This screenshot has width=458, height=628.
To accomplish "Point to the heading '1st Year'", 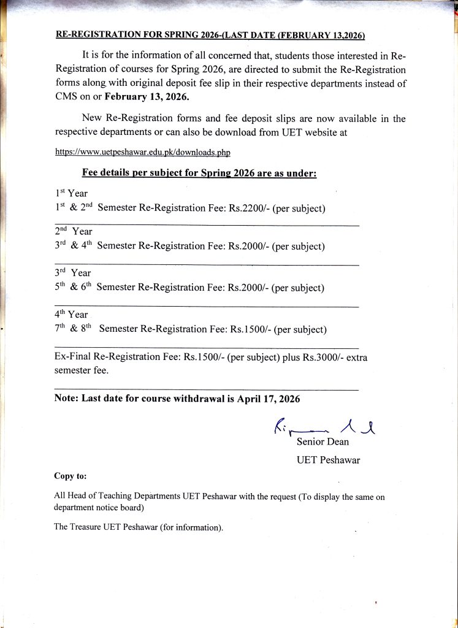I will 71,193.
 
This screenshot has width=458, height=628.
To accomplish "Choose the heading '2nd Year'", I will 73,231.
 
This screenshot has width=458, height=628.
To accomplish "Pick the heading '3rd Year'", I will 72,272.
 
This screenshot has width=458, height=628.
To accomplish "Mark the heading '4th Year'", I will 71,314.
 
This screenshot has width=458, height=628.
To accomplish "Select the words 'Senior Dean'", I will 323,442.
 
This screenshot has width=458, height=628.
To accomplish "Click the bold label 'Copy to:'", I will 71,476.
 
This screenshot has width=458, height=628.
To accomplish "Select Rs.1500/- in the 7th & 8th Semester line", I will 250,329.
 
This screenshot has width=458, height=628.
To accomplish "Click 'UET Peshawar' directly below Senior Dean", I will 328,460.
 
